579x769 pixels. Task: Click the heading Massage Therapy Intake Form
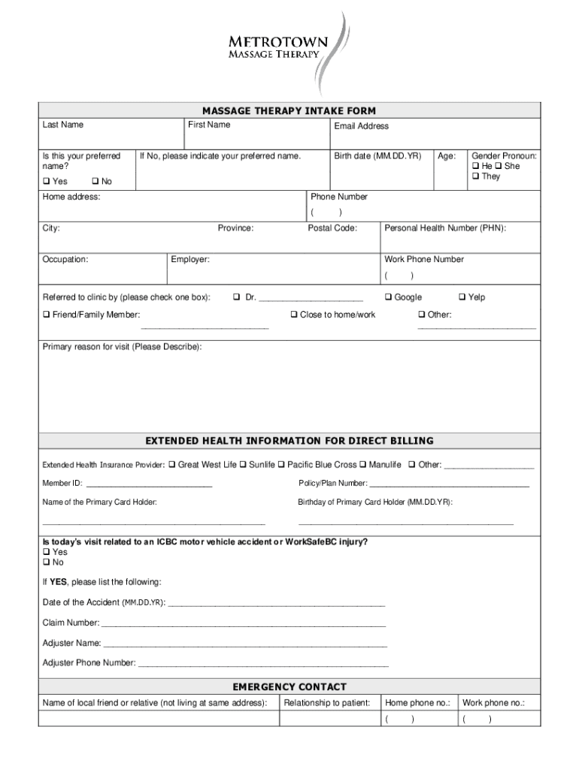click(x=289, y=110)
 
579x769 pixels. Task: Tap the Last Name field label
click(x=62, y=125)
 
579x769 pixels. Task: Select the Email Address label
click(x=362, y=126)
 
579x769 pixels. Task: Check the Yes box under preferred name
click(x=47, y=182)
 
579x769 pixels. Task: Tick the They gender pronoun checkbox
click(x=475, y=176)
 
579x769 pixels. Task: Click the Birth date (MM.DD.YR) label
click(x=377, y=156)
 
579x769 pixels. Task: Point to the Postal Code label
click(x=332, y=228)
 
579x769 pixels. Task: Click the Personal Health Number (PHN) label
click(x=445, y=228)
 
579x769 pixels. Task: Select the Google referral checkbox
click(x=389, y=297)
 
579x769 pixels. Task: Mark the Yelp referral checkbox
click(x=462, y=297)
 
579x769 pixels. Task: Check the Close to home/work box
click(x=294, y=315)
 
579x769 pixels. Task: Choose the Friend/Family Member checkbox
click(x=47, y=315)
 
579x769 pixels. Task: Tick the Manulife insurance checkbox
click(x=362, y=465)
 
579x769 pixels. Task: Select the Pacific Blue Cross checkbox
click(x=281, y=465)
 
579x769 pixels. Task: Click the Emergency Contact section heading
click(x=289, y=686)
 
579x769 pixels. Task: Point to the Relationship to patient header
click(x=326, y=703)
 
